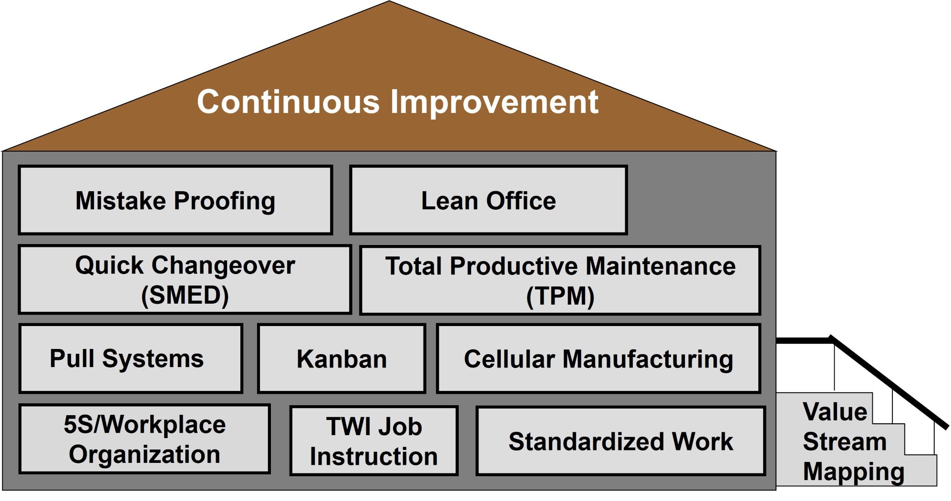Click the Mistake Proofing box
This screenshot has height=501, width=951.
(176, 200)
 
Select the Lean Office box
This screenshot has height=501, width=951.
(488, 200)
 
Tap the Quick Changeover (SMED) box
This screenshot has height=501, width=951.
(185, 280)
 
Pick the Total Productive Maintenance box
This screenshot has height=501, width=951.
(560, 281)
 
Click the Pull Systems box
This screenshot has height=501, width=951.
(131, 359)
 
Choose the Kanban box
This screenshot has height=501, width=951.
(341, 359)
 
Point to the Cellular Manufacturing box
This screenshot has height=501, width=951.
(599, 359)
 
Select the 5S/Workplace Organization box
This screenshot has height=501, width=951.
(145, 439)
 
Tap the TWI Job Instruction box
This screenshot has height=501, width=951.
(374, 441)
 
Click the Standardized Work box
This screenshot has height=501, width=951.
(621, 441)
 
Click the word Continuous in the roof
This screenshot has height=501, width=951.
(289, 102)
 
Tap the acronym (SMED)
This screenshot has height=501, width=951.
(185, 295)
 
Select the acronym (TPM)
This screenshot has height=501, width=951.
(560, 296)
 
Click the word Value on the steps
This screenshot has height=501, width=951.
(835, 411)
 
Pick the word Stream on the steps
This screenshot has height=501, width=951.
(845, 441)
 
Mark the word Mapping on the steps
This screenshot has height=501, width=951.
(854, 472)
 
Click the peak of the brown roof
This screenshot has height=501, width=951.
(389, 1)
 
